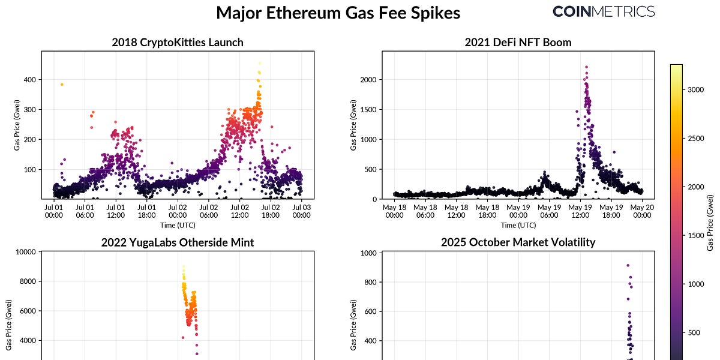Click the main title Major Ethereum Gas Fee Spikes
click(x=338, y=13)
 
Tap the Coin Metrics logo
click(x=603, y=11)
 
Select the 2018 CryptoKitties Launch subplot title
click(x=178, y=43)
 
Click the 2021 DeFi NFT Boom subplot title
click(x=518, y=43)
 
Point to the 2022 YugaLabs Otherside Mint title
click(x=178, y=242)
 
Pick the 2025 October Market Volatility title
click(x=518, y=242)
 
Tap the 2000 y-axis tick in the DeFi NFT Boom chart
click(x=367, y=80)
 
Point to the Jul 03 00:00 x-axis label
click(x=302, y=211)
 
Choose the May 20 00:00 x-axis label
click(x=641, y=211)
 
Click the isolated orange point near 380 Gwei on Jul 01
click(x=61, y=85)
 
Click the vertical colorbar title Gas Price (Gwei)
click(x=710, y=223)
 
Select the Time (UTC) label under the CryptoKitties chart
click(x=178, y=225)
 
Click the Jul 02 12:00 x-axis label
click(x=240, y=211)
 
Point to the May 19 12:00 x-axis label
click(x=580, y=211)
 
